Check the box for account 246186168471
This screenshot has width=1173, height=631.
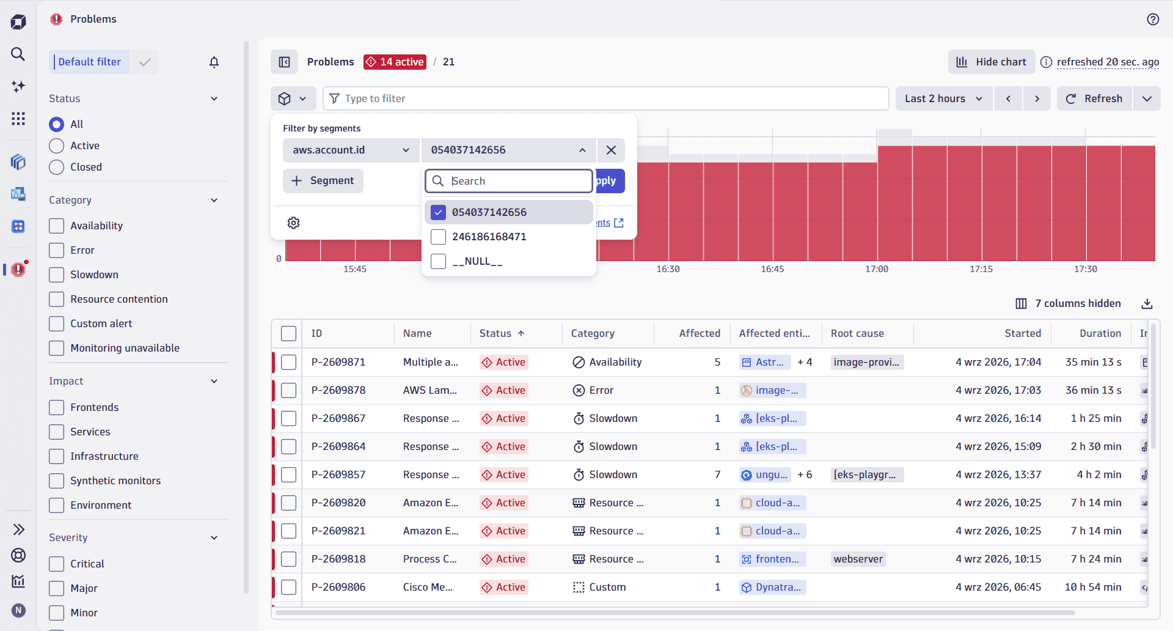tap(438, 237)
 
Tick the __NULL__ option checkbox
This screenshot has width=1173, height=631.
tap(438, 261)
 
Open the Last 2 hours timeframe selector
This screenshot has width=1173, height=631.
tap(943, 98)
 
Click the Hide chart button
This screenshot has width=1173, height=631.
tap(991, 62)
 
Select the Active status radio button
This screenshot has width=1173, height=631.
tap(56, 146)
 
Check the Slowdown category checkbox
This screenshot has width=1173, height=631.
tap(56, 275)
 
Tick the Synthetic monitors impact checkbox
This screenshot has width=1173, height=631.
tap(56, 481)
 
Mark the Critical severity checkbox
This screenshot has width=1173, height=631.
tap(56, 564)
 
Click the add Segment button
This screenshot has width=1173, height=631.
tap(323, 181)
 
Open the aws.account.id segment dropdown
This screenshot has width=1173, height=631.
tap(351, 150)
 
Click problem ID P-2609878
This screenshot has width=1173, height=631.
tap(338, 390)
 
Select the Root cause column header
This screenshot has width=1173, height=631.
tap(857, 333)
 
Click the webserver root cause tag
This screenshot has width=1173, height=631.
tap(858, 559)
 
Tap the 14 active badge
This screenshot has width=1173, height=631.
tap(395, 62)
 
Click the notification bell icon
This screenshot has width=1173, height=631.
tap(214, 62)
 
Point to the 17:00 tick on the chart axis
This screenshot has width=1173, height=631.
tap(877, 269)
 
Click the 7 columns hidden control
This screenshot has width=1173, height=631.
tap(1068, 303)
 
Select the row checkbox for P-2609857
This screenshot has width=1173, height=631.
tap(288, 474)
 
